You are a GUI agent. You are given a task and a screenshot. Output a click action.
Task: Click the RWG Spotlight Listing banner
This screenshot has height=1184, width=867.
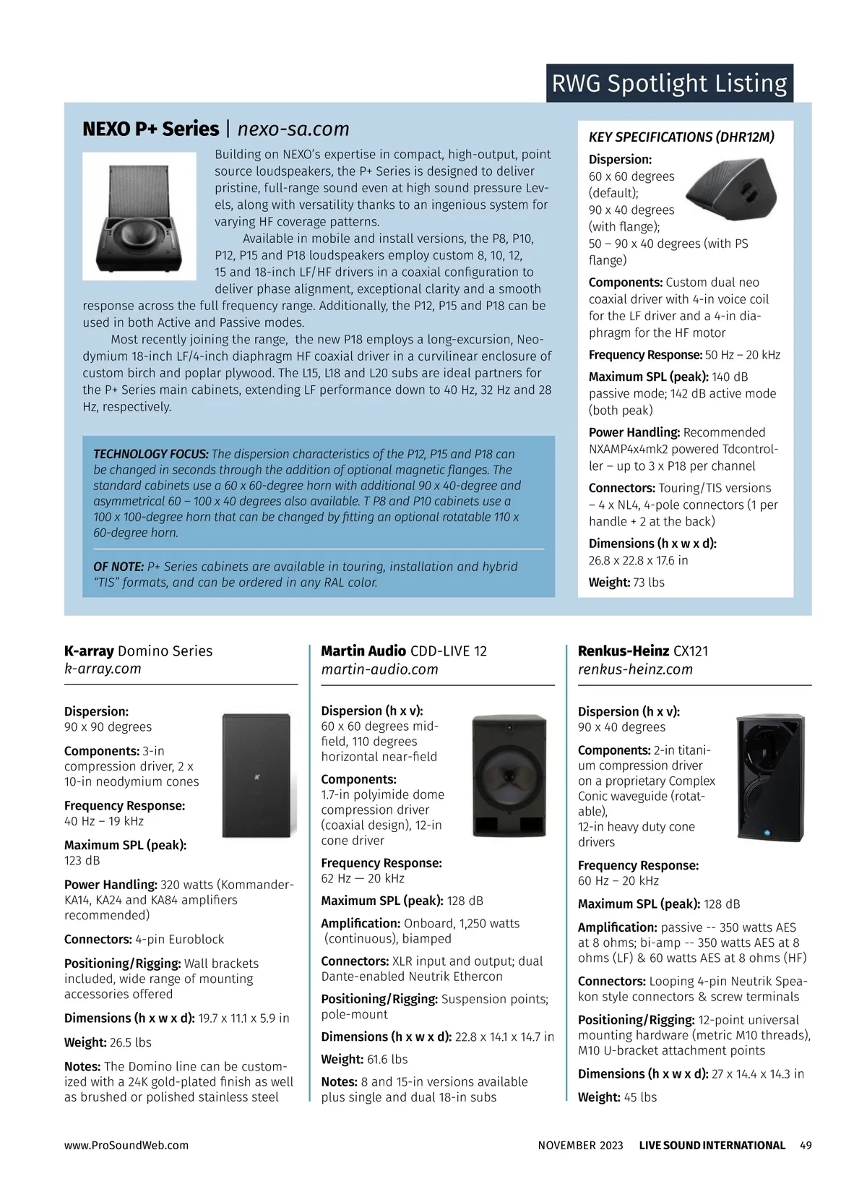(669, 83)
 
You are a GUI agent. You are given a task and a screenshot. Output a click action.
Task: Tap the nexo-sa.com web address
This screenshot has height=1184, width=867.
(293, 129)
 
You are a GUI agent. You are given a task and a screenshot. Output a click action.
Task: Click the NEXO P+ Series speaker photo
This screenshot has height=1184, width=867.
(139, 216)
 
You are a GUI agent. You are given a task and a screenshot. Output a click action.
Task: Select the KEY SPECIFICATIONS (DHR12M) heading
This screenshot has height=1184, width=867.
(681, 137)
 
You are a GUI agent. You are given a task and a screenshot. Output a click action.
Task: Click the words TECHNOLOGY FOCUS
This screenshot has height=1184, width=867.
(150, 454)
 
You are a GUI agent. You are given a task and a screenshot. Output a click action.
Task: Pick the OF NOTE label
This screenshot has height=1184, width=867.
(118, 567)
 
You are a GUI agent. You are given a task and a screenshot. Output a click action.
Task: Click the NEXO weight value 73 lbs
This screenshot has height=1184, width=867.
(648, 583)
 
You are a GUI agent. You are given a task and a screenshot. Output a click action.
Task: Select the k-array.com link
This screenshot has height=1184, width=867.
(103, 669)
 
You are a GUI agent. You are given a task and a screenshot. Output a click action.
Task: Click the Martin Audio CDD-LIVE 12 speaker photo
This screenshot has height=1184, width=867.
(509, 775)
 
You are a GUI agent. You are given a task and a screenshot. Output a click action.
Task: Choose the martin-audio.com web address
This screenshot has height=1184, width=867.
(379, 669)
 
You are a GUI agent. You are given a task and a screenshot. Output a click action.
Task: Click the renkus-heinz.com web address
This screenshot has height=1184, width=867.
(635, 669)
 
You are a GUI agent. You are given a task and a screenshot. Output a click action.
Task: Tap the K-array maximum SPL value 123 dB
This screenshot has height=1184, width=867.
(82, 860)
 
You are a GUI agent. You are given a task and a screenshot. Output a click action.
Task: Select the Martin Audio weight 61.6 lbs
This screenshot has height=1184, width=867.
(387, 1060)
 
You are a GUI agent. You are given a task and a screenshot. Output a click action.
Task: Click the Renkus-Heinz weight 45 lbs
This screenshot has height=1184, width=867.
(640, 1097)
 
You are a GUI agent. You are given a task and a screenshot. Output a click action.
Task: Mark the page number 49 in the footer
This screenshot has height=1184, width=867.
(806, 1146)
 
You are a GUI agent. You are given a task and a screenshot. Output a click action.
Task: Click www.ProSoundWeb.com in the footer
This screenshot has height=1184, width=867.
(126, 1146)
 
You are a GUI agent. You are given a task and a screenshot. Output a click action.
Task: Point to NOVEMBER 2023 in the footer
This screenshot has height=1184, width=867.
(580, 1146)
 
